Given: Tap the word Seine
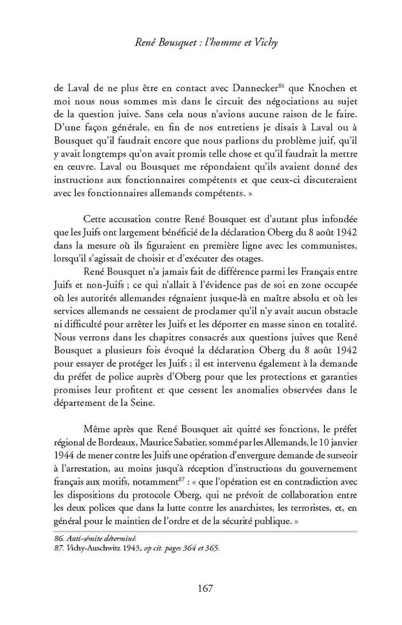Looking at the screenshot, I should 164,403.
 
